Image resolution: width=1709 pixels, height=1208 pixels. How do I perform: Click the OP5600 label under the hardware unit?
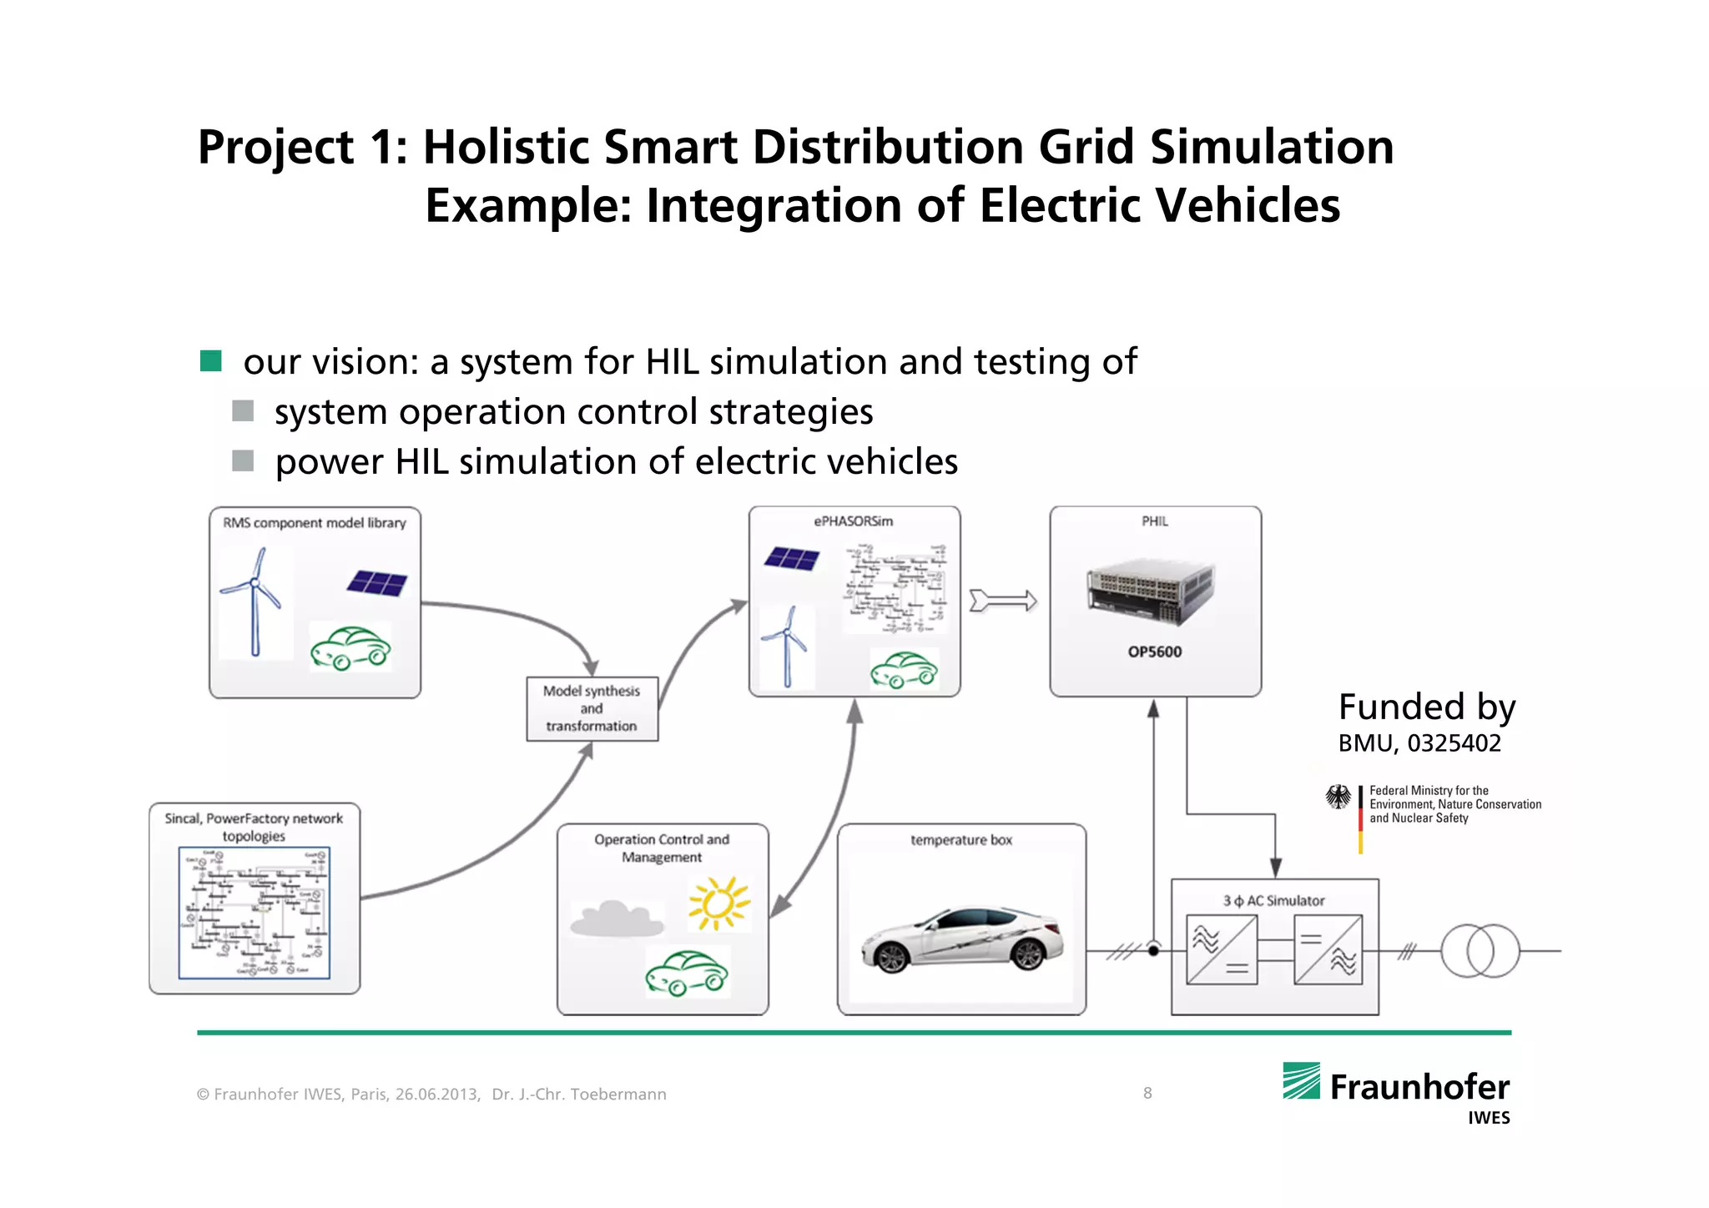pyautogui.click(x=1154, y=652)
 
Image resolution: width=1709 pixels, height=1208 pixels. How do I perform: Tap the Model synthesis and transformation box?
pyautogui.click(x=592, y=708)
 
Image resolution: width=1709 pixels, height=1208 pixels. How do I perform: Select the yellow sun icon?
pyautogui.click(x=718, y=903)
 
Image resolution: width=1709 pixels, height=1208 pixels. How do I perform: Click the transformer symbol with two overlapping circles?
pyautogui.click(x=1480, y=950)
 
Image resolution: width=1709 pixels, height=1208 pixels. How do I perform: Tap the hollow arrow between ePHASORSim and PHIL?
pyautogui.click(x=1003, y=601)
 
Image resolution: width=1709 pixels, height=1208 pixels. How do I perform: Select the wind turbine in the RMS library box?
pyautogui.click(x=254, y=601)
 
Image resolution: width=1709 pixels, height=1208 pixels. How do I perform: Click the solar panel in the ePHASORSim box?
pyautogui.click(x=791, y=558)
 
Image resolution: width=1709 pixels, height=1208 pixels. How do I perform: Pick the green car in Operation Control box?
pyautogui.click(x=687, y=973)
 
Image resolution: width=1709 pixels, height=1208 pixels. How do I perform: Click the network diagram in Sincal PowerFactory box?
pyautogui.click(x=254, y=913)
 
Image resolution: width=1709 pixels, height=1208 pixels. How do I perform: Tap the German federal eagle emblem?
pyautogui.click(x=1338, y=797)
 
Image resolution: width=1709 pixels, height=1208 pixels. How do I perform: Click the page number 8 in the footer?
pyautogui.click(x=1147, y=1093)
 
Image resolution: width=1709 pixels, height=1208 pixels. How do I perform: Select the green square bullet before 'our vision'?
pyautogui.click(x=210, y=361)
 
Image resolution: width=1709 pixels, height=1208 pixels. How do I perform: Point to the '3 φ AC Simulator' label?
pyautogui.click(x=1273, y=901)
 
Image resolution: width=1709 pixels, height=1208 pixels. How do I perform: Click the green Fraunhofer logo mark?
pyautogui.click(x=1301, y=1081)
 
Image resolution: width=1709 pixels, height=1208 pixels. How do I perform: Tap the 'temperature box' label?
pyautogui.click(x=961, y=840)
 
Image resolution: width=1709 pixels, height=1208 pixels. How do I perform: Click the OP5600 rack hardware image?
pyautogui.click(x=1151, y=593)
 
